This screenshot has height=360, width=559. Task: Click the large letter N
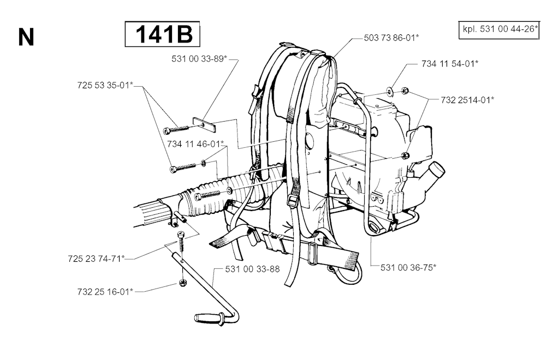tap(26, 37)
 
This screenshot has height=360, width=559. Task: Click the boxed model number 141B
tap(162, 35)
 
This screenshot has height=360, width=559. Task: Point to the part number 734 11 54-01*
tap(450, 64)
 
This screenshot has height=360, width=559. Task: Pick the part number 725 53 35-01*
tap(105, 85)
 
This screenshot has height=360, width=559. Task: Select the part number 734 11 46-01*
tap(196, 145)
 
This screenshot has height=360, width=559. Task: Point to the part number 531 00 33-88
tap(253, 269)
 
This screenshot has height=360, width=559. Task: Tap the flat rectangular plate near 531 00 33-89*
tap(204, 125)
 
